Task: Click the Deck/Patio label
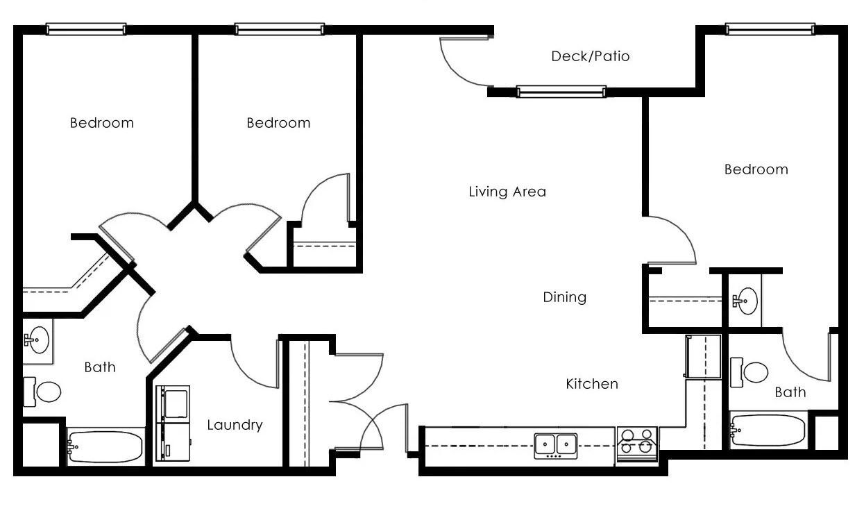[x=590, y=56]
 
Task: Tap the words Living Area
[x=507, y=192]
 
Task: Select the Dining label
[x=564, y=297]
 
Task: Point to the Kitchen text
[x=591, y=383]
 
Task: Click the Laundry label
[x=235, y=425]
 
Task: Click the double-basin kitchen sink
[x=556, y=444]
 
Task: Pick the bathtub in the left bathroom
[x=105, y=446]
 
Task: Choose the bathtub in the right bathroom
[x=769, y=430]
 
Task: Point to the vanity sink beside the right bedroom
[x=747, y=301]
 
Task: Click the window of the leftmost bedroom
[x=86, y=29]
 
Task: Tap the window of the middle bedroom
[x=279, y=29]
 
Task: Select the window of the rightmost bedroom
[x=770, y=29]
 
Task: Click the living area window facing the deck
[x=561, y=92]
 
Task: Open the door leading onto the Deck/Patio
[x=464, y=62]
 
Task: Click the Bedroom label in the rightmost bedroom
[x=756, y=169]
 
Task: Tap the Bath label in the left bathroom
[x=100, y=367]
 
